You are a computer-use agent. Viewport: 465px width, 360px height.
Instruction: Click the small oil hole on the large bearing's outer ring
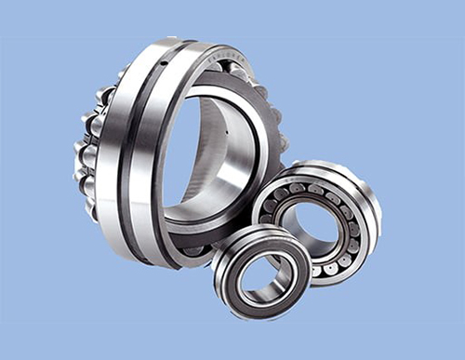[165, 63]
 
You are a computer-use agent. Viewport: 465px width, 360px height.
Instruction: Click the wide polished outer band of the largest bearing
[116, 158]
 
